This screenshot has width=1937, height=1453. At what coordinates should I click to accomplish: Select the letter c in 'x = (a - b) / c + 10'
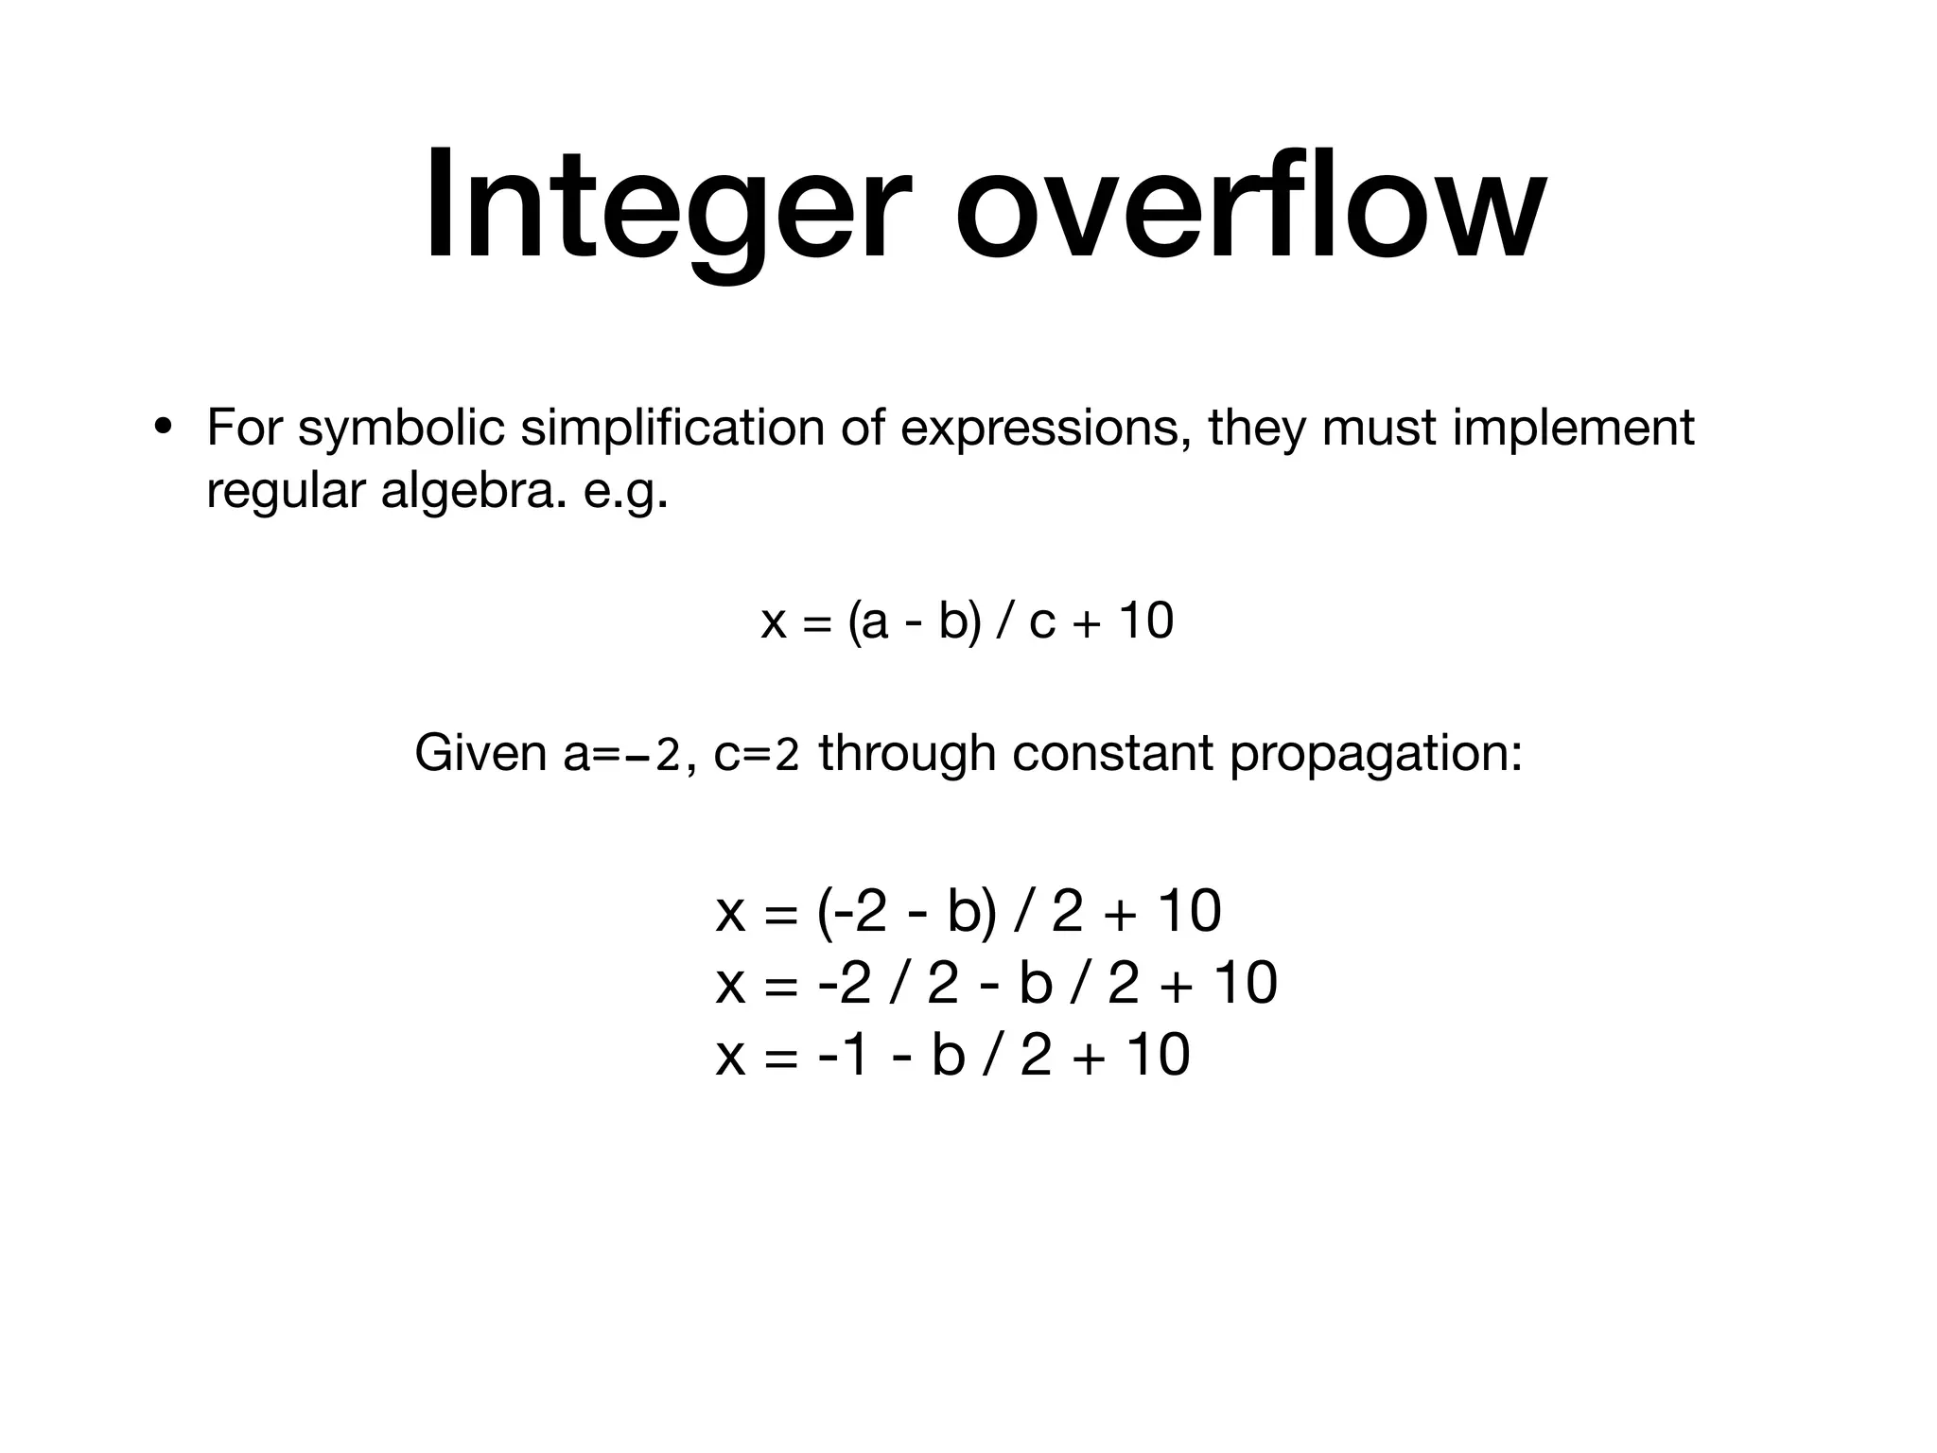pyautogui.click(x=1041, y=622)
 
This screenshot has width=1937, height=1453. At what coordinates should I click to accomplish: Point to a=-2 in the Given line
pyautogui.click(x=621, y=754)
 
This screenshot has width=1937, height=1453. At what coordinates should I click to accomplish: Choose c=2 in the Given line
pyautogui.click(x=757, y=754)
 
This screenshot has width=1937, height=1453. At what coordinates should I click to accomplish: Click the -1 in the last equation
pyautogui.click(x=843, y=1055)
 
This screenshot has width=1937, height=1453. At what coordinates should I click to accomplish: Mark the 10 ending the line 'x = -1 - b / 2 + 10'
pyautogui.click(x=1159, y=1055)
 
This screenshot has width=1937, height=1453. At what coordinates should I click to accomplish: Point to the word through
pyautogui.click(x=907, y=754)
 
